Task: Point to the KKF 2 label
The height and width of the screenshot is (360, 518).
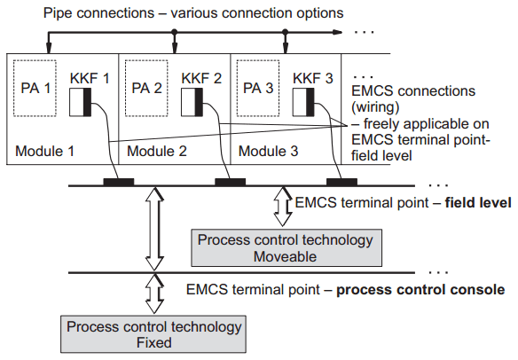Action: click(202, 78)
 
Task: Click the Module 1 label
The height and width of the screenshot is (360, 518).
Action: click(44, 152)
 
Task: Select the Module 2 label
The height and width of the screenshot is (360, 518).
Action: click(156, 152)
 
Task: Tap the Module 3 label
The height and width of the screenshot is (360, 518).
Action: click(267, 152)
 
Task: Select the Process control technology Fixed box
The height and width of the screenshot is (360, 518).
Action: click(153, 335)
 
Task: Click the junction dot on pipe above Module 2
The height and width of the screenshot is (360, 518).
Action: click(175, 34)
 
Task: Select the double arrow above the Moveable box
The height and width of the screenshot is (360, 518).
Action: click(284, 205)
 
